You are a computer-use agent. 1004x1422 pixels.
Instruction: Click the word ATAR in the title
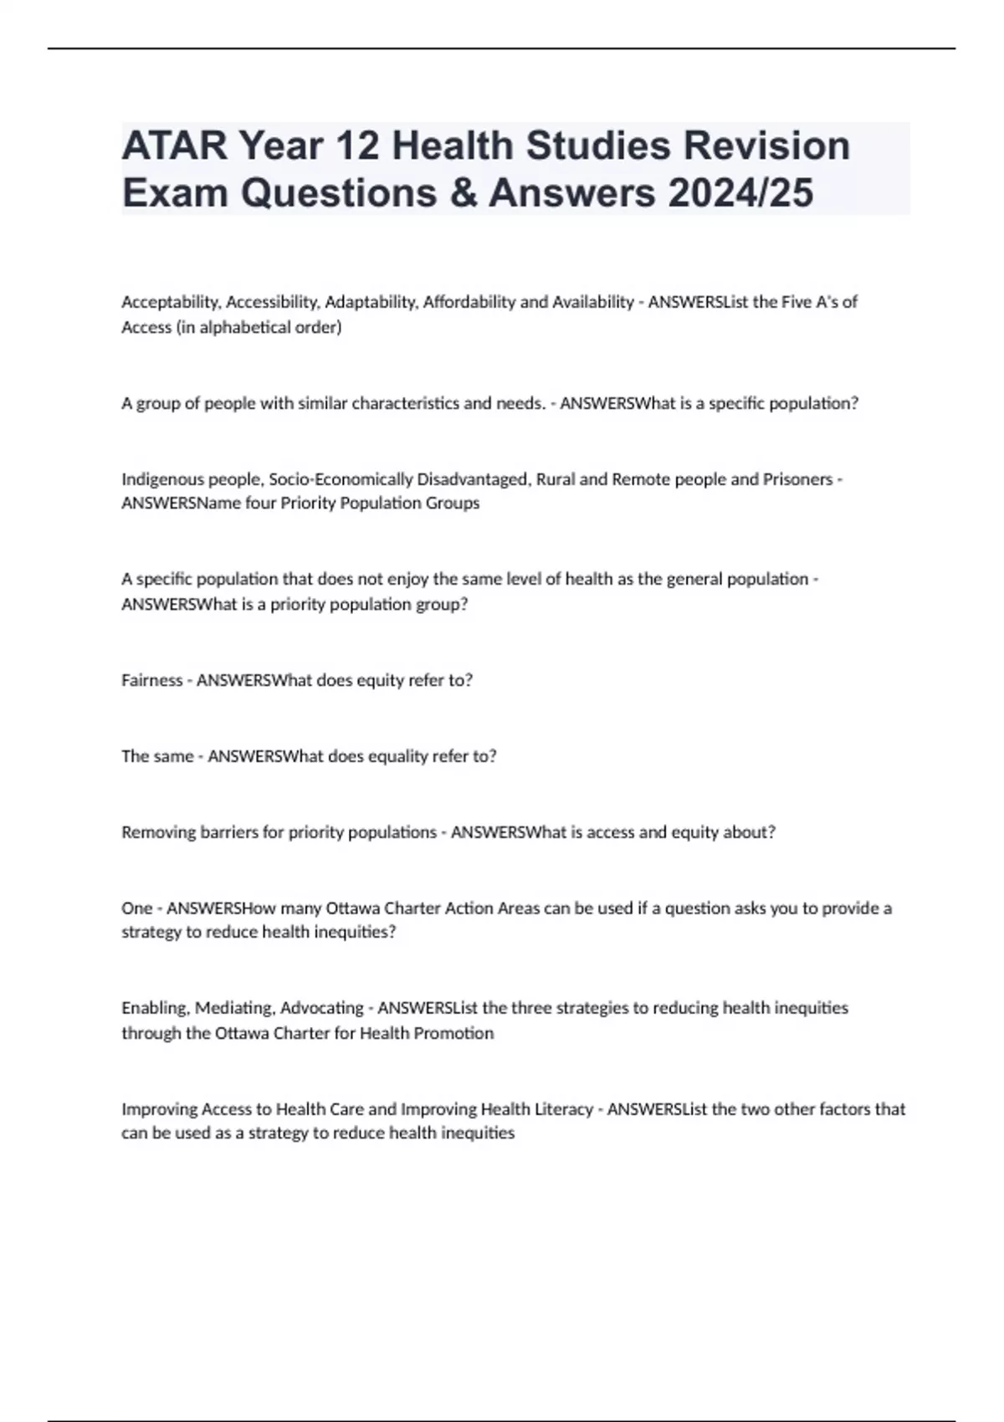(174, 146)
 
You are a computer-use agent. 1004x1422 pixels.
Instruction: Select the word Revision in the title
(766, 146)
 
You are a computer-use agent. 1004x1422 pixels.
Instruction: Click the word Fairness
(151, 680)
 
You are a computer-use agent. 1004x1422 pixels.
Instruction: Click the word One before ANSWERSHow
(137, 908)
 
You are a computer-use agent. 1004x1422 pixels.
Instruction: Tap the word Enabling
(154, 1008)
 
